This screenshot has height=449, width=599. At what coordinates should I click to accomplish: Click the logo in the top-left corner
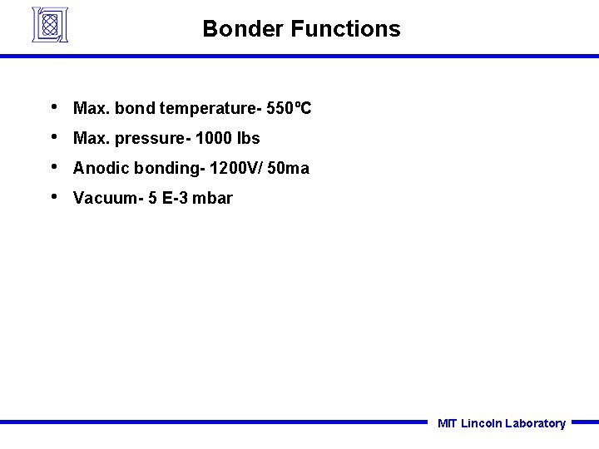(49, 25)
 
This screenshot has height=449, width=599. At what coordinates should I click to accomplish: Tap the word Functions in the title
(345, 29)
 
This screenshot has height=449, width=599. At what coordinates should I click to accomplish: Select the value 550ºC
(289, 108)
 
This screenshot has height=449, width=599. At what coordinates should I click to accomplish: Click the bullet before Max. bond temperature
(53, 107)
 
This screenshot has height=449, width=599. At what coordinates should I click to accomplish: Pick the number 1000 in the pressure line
(214, 138)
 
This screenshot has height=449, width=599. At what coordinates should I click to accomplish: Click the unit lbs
(249, 138)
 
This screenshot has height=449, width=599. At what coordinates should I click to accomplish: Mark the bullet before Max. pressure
(53, 137)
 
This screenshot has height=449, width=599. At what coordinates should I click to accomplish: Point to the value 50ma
(290, 168)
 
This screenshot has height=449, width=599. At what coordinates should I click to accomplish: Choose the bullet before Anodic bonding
(53, 167)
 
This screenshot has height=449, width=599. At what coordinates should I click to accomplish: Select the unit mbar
(215, 198)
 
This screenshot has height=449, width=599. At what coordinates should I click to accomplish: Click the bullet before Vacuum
(53, 197)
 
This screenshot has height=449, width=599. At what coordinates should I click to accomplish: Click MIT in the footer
(447, 423)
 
